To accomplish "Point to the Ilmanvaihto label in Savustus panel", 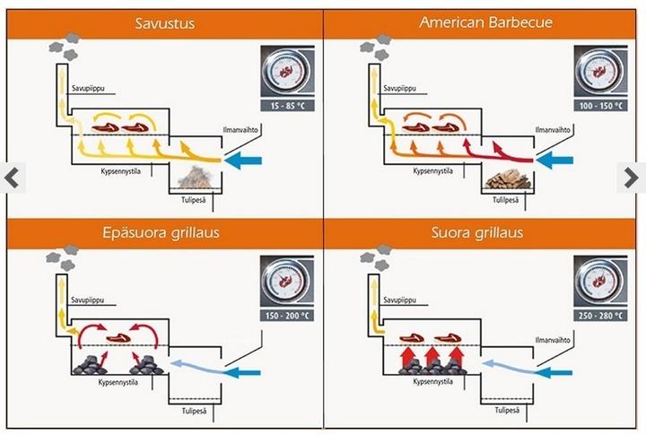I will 240,131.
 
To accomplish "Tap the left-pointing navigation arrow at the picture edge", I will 11,178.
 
